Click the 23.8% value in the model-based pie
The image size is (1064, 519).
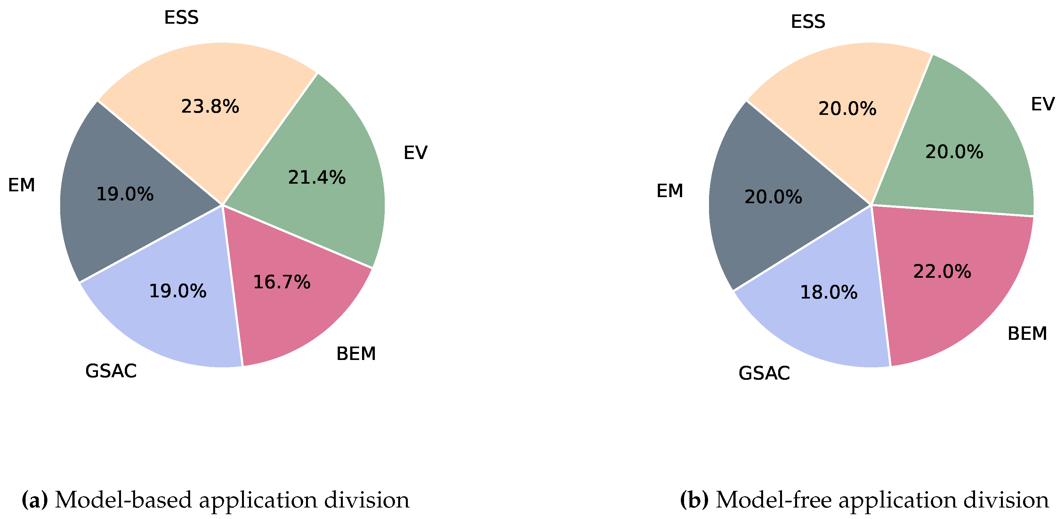point(210,107)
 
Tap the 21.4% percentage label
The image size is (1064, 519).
point(317,178)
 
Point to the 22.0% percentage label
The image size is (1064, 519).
point(942,271)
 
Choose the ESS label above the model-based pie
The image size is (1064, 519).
point(181,18)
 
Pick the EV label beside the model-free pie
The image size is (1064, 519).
point(1043,104)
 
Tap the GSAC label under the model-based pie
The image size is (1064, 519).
point(111,371)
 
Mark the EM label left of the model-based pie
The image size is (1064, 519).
point(21,185)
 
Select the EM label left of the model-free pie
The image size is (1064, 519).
point(670,191)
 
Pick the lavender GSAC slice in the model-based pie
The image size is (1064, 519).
point(165,322)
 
